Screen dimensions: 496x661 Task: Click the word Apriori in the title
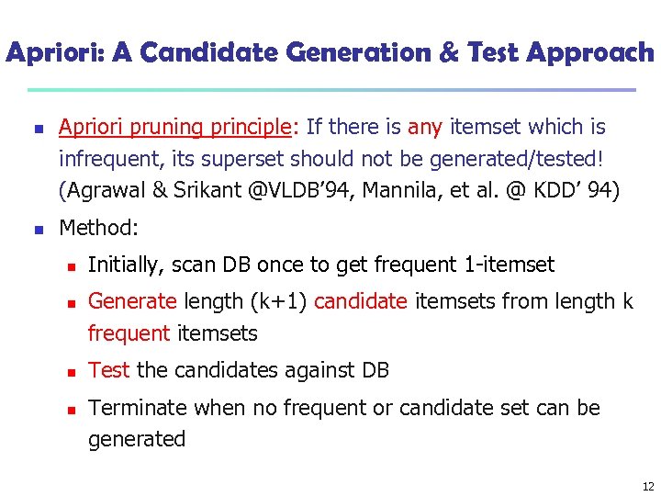54,53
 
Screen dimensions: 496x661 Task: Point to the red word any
425,127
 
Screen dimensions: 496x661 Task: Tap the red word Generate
131,301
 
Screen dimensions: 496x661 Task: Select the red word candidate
360,301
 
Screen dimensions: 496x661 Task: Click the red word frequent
129,333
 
